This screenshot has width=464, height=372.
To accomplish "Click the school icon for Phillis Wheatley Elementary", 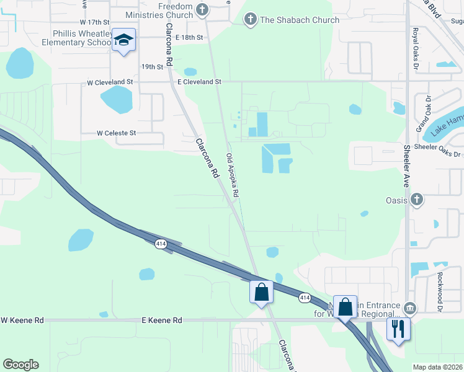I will [x=123, y=41].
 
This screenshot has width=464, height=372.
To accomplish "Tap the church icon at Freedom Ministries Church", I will [x=202, y=9].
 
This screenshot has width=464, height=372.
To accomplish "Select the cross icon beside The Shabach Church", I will [x=250, y=20].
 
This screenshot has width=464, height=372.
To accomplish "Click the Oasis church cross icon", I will [x=417, y=200].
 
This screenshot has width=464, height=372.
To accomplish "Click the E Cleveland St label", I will [x=199, y=82].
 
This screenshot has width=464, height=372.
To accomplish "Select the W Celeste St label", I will [x=116, y=133].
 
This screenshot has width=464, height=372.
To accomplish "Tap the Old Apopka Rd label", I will [x=232, y=175].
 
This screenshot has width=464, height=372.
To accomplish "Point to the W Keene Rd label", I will [x=22, y=321].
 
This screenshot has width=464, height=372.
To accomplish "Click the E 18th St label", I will [x=189, y=38].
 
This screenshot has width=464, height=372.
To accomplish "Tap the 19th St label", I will [x=152, y=66].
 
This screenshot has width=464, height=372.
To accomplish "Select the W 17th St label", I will [x=86, y=22].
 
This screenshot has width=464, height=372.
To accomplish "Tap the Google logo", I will [x=20, y=365].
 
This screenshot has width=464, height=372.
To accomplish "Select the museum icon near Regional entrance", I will [x=409, y=308].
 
